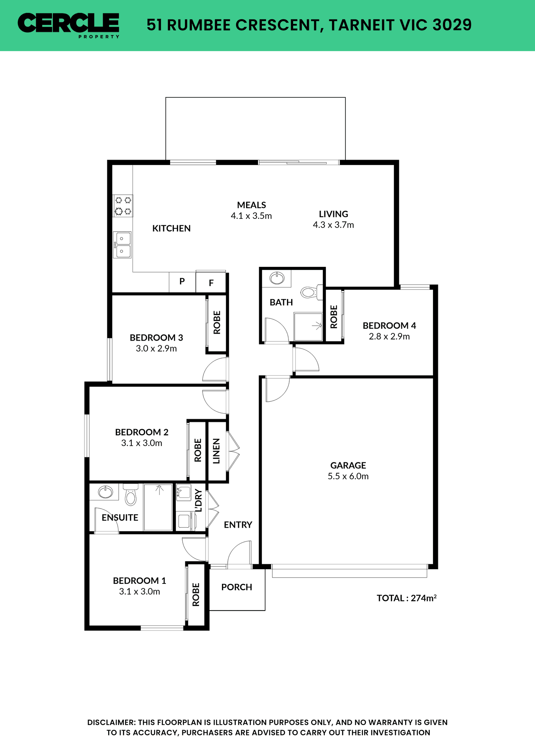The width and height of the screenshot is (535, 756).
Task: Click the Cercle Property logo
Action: coord(69,26)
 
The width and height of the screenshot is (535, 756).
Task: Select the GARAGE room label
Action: coord(348,465)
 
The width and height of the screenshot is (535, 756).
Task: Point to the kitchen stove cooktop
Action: coord(123,206)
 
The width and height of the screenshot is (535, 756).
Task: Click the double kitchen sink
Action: coord(122,245)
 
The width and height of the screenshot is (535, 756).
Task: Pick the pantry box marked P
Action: coord(182,282)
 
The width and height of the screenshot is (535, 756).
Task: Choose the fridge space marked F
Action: coord(211,283)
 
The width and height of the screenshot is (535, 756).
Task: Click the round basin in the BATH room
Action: coord(277,278)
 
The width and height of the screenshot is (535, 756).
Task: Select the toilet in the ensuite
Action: coord(131,495)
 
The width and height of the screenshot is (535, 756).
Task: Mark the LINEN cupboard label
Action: coord(216,451)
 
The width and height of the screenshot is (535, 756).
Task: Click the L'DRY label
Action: coord(198,501)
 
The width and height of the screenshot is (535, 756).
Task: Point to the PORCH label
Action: coord(237,587)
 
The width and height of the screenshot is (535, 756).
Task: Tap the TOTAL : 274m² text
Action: coord(407,598)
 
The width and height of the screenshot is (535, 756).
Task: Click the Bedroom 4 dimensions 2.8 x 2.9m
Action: coord(389,336)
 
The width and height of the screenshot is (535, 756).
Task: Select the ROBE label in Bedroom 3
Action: coord(217,323)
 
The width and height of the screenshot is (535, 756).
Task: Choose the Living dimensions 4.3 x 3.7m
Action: coord(333,225)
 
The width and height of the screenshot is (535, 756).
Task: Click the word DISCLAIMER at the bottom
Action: coord(111,722)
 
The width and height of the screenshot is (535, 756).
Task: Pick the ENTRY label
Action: coord(238,525)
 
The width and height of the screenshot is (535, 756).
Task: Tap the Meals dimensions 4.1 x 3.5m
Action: coord(251,216)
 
